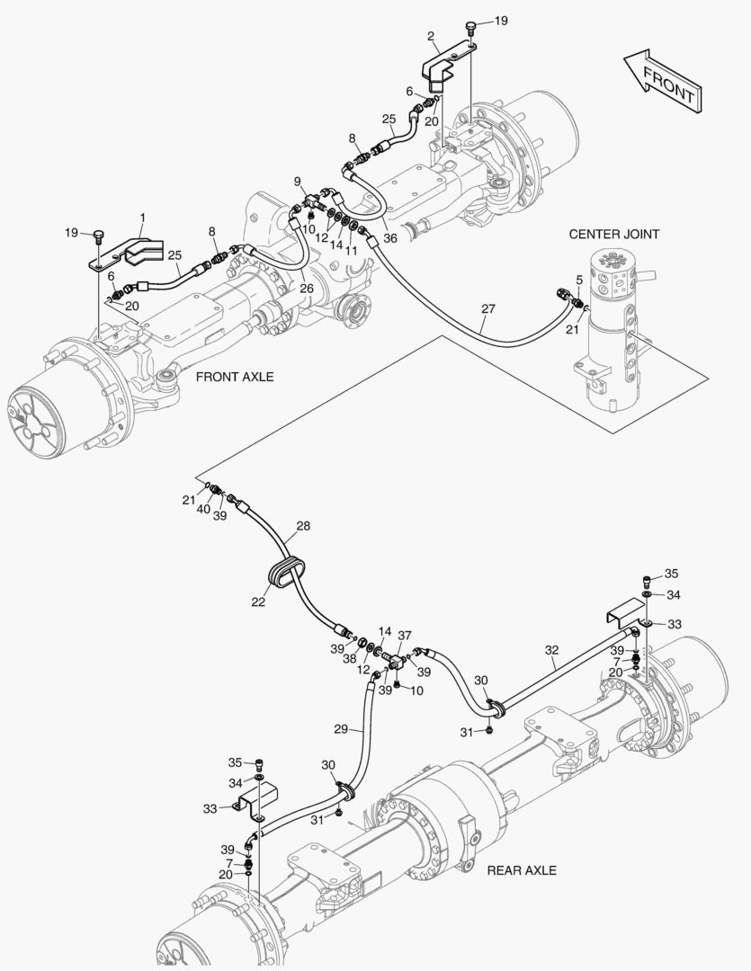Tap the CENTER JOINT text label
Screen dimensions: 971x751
point(614,234)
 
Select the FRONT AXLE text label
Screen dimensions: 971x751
point(235,377)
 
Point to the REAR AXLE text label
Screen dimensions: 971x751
point(522,870)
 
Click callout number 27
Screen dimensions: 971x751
point(487,308)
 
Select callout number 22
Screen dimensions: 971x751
point(259,601)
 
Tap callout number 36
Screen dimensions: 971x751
point(389,238)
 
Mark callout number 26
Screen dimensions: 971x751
point(307,289)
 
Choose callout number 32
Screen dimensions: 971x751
point(552,650)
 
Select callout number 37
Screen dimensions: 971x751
point(405,636)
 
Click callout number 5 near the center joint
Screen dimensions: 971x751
point(578,280)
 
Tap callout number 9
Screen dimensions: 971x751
point(298,181)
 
